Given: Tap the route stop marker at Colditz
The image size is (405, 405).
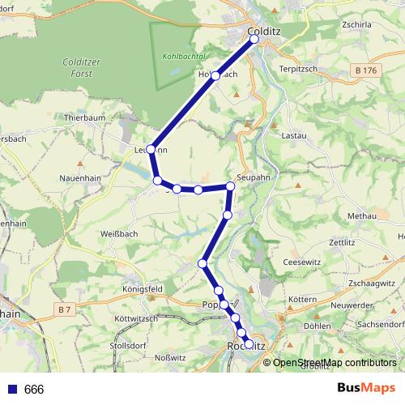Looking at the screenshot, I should [254, 39].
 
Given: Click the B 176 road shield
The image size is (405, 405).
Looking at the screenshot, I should [367, 71].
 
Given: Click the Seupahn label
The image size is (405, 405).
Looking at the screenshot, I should [253, 176].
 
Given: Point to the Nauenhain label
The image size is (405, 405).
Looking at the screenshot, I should [80, 177].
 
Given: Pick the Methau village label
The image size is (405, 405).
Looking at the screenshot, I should [362, 216].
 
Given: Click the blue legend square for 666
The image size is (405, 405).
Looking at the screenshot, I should [11, 390].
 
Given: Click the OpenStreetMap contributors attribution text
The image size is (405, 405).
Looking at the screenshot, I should [335, 362].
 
